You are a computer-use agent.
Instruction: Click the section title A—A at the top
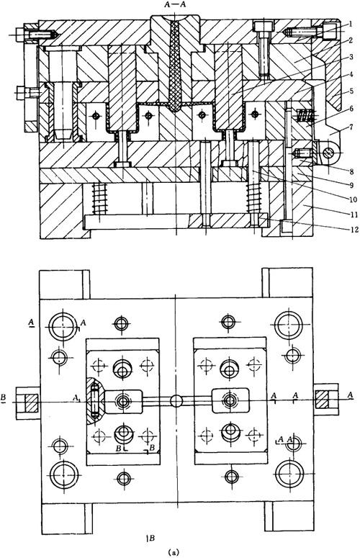(176, 4)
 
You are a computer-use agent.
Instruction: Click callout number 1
(351, 24)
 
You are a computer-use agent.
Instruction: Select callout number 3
(351, 57)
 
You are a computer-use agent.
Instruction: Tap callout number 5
(351, 91)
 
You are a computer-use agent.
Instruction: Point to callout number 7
(351, 127)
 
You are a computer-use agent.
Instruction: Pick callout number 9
(351, 185)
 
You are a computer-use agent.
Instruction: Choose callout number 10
(353, 199)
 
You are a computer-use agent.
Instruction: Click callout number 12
(353, 230)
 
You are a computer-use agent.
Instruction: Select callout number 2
(351, 40)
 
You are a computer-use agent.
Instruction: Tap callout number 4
(351, 74)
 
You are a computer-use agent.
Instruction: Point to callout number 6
(351, 109)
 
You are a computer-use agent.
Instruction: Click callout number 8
(351, 171)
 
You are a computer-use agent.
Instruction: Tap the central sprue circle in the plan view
(176, 401)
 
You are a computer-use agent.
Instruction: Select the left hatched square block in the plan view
(30, 402)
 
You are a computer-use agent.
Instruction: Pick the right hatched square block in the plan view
(322, 400)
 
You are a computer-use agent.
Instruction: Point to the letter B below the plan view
(151, 538)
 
